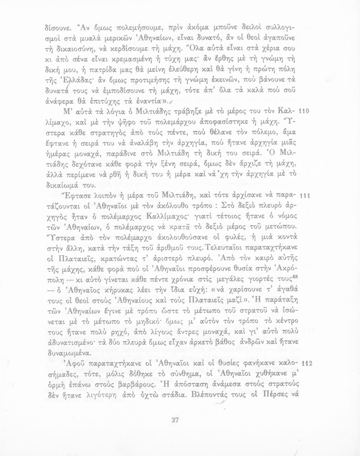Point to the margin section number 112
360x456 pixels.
tap(305, 364)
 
